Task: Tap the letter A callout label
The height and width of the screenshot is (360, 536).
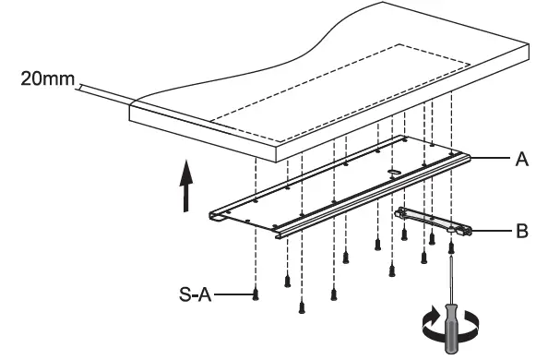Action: [x=522, y=159]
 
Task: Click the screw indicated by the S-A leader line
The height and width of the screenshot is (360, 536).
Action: [x=257, y=294]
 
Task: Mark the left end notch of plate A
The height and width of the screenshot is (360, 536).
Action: [x=218, y=218]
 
